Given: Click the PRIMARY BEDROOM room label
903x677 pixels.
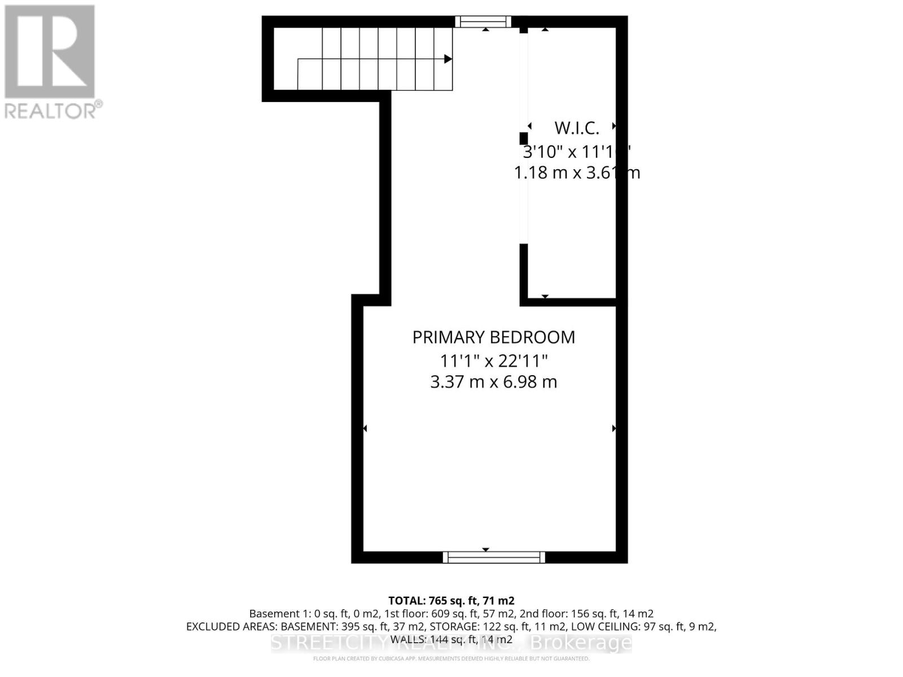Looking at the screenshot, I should click(493, 337).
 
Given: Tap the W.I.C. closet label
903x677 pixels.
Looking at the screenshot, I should click(576, 128).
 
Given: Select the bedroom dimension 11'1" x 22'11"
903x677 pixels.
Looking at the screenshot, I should click(493, 360).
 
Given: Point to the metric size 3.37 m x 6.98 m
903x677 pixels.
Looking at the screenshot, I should click(493, 382).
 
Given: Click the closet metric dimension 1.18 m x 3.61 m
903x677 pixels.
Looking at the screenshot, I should click(576, 173).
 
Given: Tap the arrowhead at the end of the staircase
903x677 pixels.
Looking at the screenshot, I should click(448, 59).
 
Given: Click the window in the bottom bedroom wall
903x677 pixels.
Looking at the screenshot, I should click(494, 557).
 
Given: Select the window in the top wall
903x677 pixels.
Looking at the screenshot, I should click(483, 22).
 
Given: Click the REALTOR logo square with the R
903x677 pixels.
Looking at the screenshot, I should click(50, 52).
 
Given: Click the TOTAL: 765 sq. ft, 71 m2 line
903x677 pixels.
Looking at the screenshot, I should click(451, 601).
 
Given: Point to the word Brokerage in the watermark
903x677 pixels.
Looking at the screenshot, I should click(581, 643).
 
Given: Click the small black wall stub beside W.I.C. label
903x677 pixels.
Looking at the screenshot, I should click(524, 138).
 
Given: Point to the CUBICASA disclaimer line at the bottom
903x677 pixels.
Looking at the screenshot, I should click(451, 658).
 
